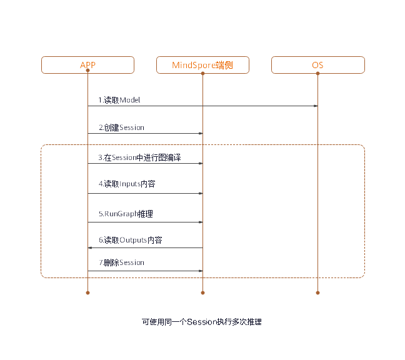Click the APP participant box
tap(88, 65)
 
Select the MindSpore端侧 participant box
tap(203, 65)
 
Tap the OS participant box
tap(317, 65)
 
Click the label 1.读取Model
tap(119, 100)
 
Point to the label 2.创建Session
tap(121, 127)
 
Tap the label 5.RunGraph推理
tap(126, 214)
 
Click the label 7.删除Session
tap(121, 262)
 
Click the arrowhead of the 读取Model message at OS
tap(315, 106)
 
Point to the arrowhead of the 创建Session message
tap(201, 133)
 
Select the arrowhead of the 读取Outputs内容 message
tap(91, 248)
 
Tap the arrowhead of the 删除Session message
tap(201, 271)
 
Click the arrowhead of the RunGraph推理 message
tap(201, 222)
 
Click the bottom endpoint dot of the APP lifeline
tap(88, 292)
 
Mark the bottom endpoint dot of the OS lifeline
tap(317, 292)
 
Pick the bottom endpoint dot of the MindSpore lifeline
tap(203, 292)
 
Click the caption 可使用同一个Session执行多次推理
tap(202, 322)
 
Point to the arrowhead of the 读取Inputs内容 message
tap(201, 194)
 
